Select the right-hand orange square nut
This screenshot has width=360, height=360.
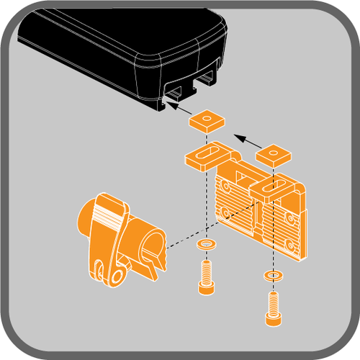tap(273, 155)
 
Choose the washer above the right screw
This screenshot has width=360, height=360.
tap(271, 274)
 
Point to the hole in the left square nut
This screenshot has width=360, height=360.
tap(206, 117)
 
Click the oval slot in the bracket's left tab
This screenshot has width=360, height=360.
tap(206, 154)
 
